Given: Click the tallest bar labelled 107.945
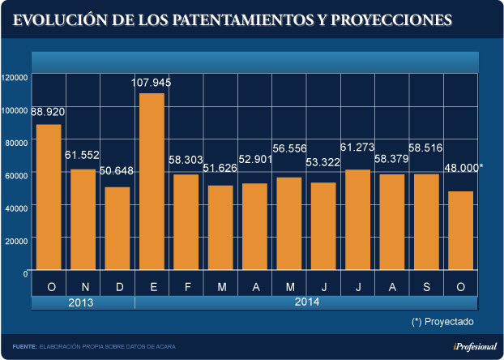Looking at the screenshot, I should [x=152, y=180].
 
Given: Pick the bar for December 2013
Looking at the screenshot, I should [x=117, y=228].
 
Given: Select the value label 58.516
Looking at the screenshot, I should [x=425, y=150].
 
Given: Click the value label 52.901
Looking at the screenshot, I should [x=254, y=159].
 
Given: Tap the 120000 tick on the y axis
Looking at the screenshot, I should [x=15, y=78].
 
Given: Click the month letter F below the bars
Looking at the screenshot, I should [x=187, y=287].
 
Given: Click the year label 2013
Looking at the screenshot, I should [x=82, y=302].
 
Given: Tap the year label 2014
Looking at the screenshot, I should [x=305, y=302].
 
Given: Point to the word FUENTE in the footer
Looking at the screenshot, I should [x=24, y=346].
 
